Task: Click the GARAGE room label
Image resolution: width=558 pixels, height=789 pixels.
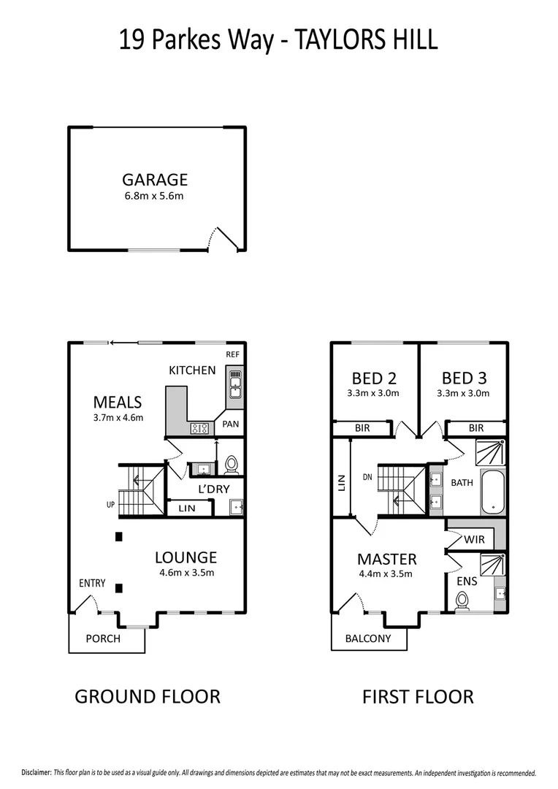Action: coord(155,179)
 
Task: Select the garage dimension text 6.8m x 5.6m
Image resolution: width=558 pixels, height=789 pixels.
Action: coord(155,196)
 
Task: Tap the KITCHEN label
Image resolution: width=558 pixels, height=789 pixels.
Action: coord(192,370)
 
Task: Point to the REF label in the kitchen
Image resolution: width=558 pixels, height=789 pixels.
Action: coord(232,354)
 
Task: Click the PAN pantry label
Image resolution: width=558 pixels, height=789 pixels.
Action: coord(231,424)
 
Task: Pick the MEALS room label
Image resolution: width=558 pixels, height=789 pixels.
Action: coord(117,402)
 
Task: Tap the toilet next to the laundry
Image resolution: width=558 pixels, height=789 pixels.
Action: coord(232,464)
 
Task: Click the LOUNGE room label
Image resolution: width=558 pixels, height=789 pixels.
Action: coord(186,557)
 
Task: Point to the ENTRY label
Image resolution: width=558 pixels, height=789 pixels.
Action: coord(93,584)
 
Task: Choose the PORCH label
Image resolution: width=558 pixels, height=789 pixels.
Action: coord(103,639)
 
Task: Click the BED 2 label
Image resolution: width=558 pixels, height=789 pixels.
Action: coord(374,378)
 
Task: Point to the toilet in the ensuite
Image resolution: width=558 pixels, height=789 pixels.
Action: coord(462,601)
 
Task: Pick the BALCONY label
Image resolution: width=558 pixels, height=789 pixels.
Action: coord(367,639)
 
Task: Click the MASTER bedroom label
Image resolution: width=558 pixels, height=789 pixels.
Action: coord(386,559)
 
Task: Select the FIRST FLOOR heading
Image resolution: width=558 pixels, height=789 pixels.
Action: coord(418,697)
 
